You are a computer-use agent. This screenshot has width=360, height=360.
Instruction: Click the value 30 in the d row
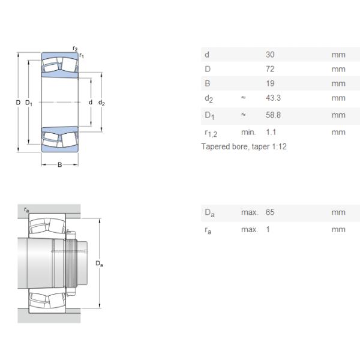tap(270, 55)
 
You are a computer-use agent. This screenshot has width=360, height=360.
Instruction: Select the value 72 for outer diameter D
tap(270, 69)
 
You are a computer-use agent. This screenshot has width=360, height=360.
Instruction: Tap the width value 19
tap(270, 83)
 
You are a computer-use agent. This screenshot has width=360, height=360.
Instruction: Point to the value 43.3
tap(273, 98)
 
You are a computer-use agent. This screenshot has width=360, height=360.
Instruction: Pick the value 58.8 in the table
tap(273, 115)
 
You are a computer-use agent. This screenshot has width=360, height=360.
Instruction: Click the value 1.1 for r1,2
tap(271, 132)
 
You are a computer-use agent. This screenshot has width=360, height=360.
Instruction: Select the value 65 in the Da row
tap(270, 212)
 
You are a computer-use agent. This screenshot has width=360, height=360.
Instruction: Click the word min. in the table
tap(248, 132)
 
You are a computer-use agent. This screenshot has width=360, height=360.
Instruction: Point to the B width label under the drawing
tap(59, 164)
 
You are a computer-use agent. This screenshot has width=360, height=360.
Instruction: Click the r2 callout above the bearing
tap(75, 48)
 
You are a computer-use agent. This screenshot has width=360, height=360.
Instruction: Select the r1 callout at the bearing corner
tap(82, 55)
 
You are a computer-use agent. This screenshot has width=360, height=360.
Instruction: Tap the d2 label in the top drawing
tap(101, 103)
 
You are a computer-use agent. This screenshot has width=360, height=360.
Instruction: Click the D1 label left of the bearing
tap(29, 103)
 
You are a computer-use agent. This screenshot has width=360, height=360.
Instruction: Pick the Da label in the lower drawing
tap(99, 263)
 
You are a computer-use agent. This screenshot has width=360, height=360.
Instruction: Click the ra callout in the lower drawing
tap(26, 209)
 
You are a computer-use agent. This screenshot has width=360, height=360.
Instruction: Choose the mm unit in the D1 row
tap(338, 115)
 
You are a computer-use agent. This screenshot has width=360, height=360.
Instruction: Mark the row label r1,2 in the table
tap(211, 133)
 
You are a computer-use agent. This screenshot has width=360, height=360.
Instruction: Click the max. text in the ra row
tap(250, 229)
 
